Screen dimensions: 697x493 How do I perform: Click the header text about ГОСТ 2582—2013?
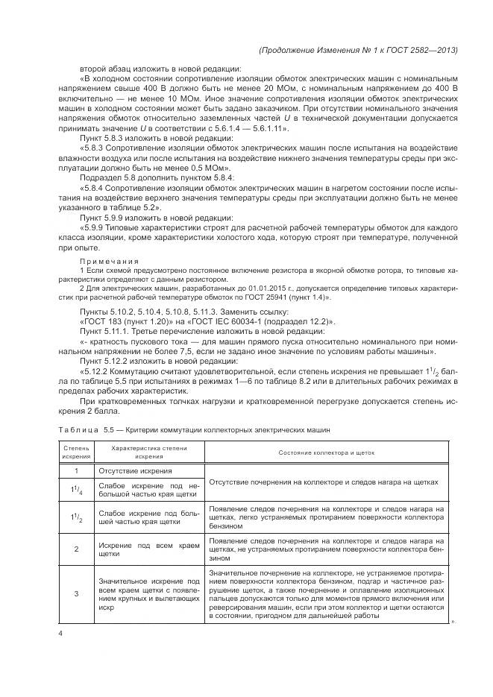(x=357, y=50)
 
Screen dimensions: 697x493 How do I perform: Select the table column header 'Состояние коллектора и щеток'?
(x=326, y=452)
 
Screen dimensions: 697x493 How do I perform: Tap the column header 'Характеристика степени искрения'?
(x=149, y=452)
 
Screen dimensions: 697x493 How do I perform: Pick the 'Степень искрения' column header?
(x=75, y=452)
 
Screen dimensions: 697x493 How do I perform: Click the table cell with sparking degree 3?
(x=75, y=593)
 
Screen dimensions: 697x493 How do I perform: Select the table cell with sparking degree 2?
(x=75, y=549)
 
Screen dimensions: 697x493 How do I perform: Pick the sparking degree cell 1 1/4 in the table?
(x=75, y=488)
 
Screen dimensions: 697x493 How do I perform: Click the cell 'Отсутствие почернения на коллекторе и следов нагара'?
(x=326, y=481)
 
